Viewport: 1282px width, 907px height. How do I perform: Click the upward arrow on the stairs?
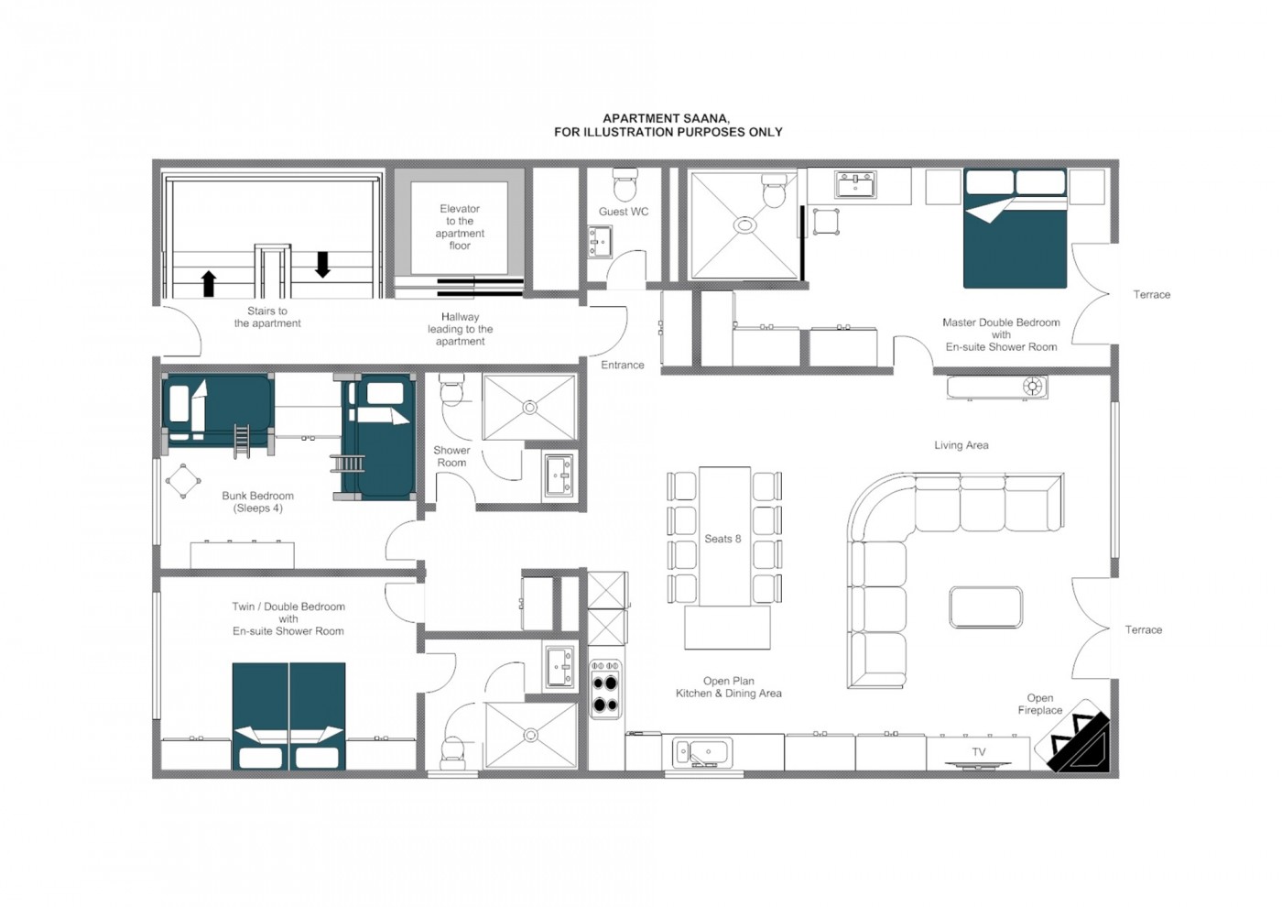209,284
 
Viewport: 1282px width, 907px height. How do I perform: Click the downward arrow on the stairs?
322,265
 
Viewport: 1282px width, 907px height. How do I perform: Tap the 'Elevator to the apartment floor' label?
460,227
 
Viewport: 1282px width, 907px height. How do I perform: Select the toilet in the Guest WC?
625,184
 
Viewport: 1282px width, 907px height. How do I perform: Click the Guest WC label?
624,212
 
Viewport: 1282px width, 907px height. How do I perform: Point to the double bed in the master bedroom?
1016,228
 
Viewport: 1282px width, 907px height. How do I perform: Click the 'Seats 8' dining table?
724,537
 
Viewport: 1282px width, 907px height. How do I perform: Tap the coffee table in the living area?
985,606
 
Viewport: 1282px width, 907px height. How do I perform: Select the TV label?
979,752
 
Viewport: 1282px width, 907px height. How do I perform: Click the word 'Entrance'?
622,365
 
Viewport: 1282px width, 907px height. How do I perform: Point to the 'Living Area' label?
961,445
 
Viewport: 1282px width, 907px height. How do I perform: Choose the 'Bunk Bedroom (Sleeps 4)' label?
257,502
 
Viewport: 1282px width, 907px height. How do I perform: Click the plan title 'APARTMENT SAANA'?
666,118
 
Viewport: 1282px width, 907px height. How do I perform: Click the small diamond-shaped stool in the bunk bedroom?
183,481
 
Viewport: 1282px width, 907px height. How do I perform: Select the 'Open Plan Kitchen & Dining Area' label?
729,686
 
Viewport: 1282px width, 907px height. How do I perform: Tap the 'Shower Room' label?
451,456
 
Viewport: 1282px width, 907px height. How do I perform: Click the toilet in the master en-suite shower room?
775,191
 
